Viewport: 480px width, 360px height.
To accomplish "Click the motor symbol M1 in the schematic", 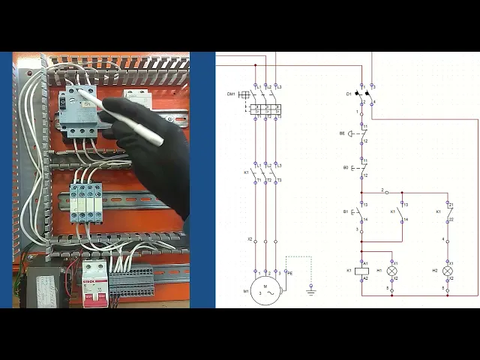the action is coord(265,287).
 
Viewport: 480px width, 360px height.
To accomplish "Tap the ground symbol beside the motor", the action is coord(310,289).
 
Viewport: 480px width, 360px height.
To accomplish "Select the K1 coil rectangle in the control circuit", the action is coord(361,271).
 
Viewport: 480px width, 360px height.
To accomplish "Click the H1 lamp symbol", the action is coord(391,271).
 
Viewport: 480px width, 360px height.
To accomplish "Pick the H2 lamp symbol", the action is coord(448,271).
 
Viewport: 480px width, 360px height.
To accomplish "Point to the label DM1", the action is coord(231,94).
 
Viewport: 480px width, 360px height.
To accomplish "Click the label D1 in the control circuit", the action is coord(349,94).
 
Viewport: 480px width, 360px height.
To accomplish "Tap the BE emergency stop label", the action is coord(342,133).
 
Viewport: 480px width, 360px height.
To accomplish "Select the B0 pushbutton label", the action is coord(346,167).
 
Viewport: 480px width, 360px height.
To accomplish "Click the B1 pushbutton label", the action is coord(346,212).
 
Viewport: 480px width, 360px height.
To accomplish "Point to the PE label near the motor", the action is coord(290,273).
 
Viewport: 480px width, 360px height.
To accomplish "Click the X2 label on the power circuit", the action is coord(250,239).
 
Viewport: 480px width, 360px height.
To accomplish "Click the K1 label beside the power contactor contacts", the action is coord(246,172).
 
